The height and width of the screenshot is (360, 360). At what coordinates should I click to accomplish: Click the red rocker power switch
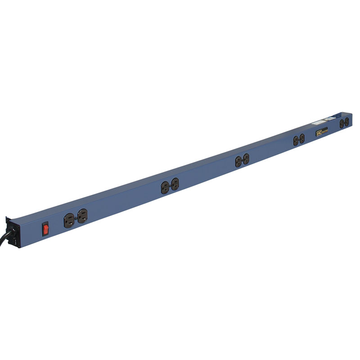click(x=45, y=229)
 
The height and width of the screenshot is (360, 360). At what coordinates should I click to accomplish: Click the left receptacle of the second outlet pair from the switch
click(x=165, y=187)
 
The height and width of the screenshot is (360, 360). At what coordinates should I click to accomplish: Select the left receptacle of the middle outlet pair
click(x=238, y=162)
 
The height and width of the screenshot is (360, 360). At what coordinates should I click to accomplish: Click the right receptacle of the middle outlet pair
click(x=246, y=159)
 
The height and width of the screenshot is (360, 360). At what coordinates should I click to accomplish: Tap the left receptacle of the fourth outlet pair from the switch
click(x=296, y=141)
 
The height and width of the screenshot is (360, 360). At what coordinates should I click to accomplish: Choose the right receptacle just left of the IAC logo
click(x=302, y=139)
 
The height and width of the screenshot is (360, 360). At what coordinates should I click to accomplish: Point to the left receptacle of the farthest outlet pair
click(x=342, y=124)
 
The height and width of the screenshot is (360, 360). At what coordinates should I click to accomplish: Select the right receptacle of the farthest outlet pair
click(x=347, y=121)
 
